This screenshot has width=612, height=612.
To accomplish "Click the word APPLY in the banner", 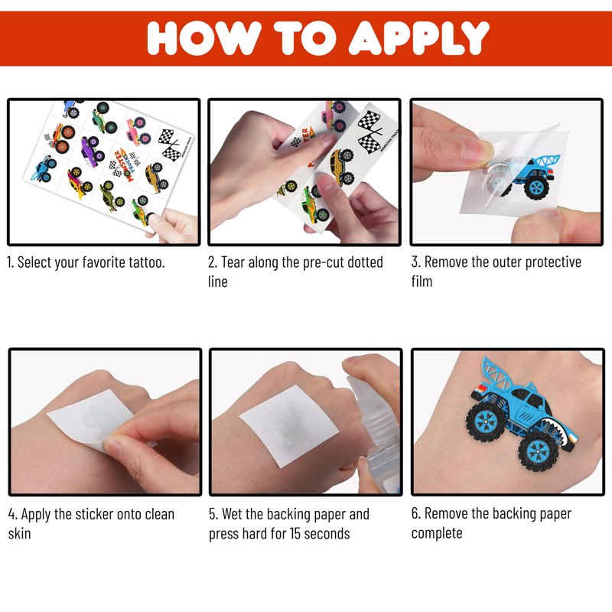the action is (418, 37).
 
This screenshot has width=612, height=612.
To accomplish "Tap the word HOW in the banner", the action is (204, 37).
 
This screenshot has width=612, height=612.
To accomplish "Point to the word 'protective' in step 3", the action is (553, 262).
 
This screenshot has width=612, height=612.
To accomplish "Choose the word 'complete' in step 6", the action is (437, 533).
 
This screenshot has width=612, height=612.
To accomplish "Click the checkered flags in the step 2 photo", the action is (369, 131).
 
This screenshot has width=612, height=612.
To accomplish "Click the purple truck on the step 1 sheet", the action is (93, 148).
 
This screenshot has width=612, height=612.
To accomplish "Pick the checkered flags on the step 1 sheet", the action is (171, 145).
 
